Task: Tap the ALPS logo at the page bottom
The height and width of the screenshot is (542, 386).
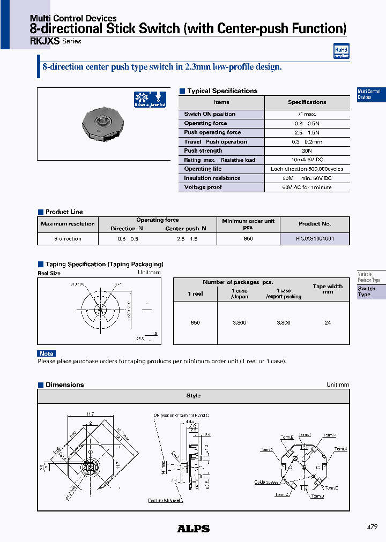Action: (193, 529)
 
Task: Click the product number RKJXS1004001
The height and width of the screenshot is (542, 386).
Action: (315, 239)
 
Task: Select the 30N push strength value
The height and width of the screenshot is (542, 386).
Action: (307, 151)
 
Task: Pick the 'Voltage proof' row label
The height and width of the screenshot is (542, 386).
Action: (203, 187)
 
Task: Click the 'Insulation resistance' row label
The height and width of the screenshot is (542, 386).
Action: (212, 178)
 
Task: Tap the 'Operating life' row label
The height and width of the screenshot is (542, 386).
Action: (203, 169)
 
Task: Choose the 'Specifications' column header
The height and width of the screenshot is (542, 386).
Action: (307, 102)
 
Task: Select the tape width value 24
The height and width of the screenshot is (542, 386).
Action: (328, 323)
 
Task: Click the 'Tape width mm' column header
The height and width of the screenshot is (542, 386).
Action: (328, 289)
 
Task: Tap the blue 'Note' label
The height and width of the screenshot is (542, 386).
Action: (47, 353)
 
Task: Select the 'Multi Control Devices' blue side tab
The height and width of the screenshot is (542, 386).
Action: (370, 94)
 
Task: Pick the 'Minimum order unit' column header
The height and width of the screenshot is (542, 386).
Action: (248, 224)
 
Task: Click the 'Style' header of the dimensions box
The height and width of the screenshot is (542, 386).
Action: (193, 396)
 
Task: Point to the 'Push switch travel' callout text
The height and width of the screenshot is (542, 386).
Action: (166, 501)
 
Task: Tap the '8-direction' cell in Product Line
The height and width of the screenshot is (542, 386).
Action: (68, 239)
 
